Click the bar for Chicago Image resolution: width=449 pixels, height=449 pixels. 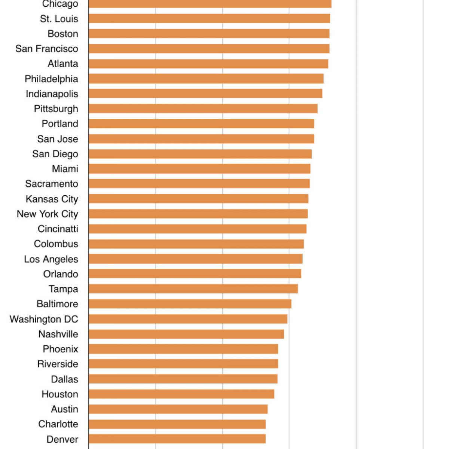(210, 3)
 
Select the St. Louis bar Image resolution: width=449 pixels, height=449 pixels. (209, 18)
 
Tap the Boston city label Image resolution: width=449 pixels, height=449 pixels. (63, 34)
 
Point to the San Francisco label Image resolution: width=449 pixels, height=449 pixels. (47, 49)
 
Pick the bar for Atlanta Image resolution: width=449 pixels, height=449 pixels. (208, 64)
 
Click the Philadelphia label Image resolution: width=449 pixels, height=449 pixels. (51, 79)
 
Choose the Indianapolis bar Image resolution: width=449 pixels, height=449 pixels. (205, 94)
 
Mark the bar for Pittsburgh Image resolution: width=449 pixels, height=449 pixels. (203, 109)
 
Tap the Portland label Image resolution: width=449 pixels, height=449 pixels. (60, 124)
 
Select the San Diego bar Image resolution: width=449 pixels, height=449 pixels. (200, 154)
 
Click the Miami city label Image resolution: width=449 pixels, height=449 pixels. (65, 169)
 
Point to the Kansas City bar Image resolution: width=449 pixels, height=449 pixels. (198, 199)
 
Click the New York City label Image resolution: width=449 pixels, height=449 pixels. (48, 214)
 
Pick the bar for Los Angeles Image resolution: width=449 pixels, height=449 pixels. (195, 259)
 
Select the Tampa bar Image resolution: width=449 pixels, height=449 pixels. (193, 289)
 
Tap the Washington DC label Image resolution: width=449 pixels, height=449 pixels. (44, 319)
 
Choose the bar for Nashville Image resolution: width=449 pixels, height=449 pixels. (186, 334)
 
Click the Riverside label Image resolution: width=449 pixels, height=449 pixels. (58, 364)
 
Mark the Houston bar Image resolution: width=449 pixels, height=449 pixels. (181, 394)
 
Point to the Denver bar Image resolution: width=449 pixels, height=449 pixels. (177, 439)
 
